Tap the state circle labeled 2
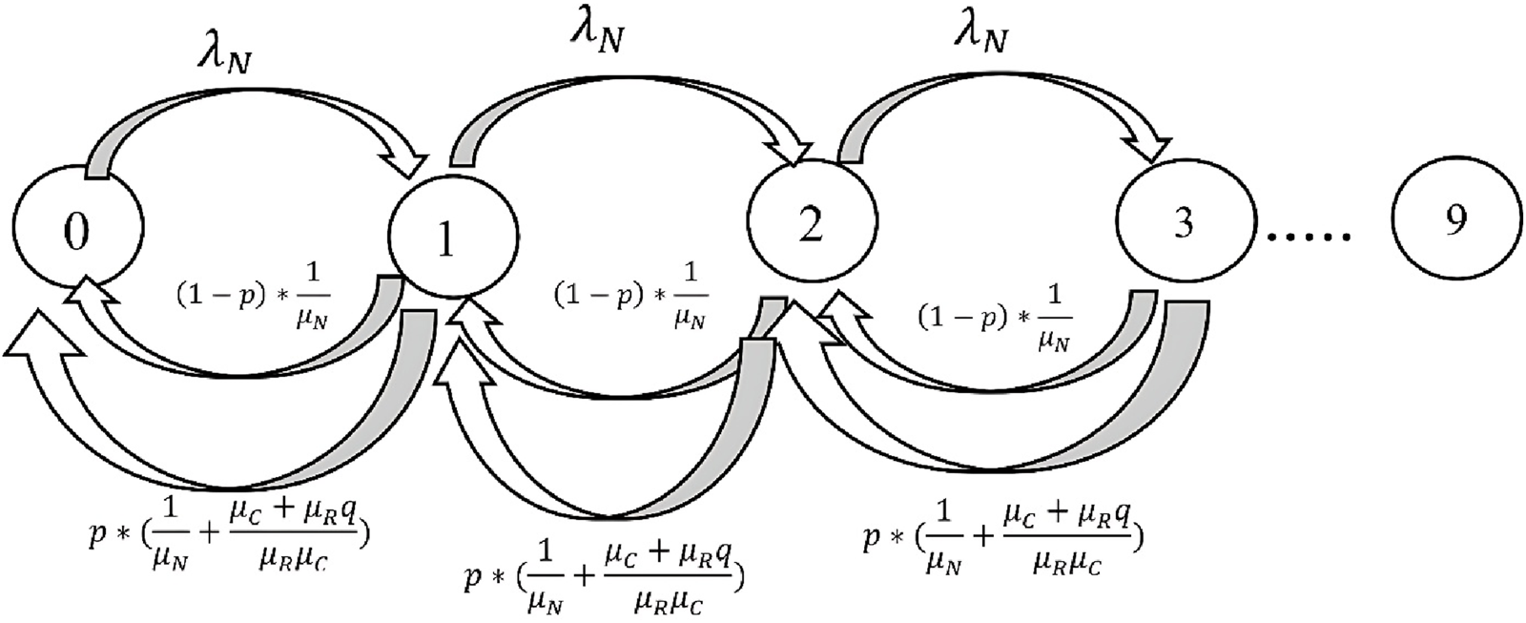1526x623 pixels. point(811,222)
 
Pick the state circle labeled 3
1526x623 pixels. point(1182,222)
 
